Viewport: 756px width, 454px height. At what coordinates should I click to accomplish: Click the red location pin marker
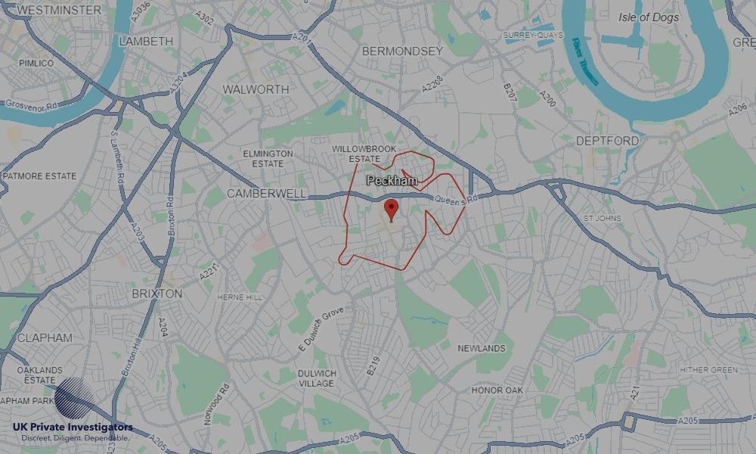point(391,209)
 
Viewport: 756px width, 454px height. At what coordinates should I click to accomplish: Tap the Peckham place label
point(392,182)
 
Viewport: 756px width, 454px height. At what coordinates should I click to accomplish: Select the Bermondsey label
point(402,51)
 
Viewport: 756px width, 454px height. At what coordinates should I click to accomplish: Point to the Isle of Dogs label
point(649,17)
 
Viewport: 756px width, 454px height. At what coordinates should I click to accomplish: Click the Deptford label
point(607,141)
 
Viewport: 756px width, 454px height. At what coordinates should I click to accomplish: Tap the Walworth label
point(256,89)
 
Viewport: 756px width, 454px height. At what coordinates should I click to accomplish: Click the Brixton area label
point(157,293)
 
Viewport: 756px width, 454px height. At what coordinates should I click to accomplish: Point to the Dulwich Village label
point(317,378)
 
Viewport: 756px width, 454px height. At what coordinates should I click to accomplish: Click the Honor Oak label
point(497,390)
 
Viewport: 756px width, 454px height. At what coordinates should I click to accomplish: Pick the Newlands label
point(482,348)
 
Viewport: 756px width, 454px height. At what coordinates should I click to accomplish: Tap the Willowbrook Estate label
point(355,154)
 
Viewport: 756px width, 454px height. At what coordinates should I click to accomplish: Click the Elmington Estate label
point(268,158)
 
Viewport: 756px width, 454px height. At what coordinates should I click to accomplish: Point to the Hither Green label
point(708,369)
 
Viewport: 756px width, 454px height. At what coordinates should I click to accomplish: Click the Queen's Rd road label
point(457,199)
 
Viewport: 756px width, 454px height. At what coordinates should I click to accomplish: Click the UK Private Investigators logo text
point(73,428)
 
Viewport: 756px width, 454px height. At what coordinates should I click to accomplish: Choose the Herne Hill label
point(240,297)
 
